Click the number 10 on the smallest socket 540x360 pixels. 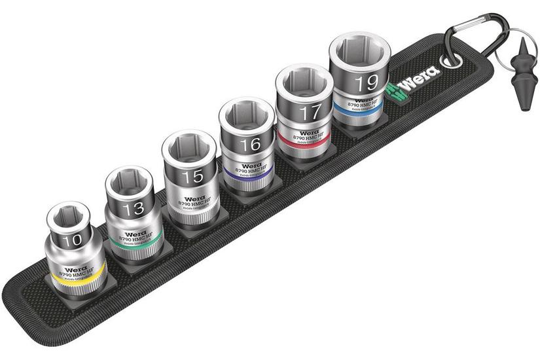(73, 240)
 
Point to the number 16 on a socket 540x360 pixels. (249, 145)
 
